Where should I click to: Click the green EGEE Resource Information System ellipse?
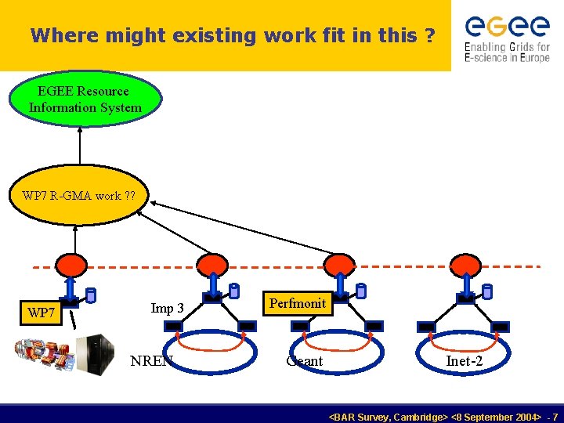click(x=85, y=99)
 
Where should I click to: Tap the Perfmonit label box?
click(x=297, y=303)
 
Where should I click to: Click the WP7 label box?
click(x=42, y=313)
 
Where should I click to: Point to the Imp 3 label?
click(x=167, y=308)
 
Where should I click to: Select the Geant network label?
click(x=305, y=361)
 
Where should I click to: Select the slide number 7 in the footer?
click(x=555, y=417)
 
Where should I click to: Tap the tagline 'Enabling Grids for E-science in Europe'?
click(x=507, y=52)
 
